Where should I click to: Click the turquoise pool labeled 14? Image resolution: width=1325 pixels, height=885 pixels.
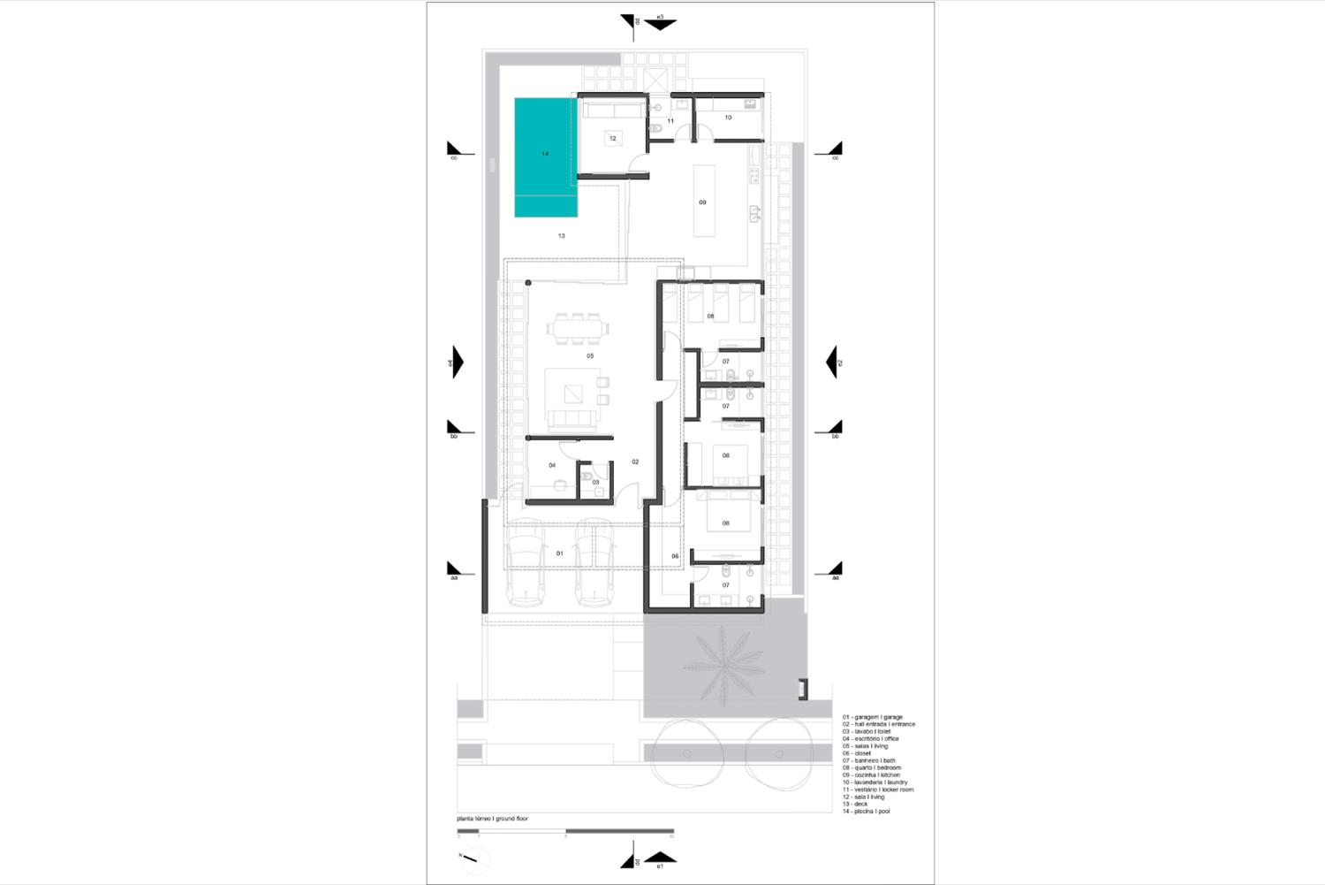[x=546, y=156]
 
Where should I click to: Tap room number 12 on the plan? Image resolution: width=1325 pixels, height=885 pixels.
[x=612, y=138]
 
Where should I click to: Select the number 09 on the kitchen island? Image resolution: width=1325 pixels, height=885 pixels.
[x=703, y=202]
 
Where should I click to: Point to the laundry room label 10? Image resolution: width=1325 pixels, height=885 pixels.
[x=728, y=117]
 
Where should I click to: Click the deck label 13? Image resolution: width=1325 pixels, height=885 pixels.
[x=561, y=236]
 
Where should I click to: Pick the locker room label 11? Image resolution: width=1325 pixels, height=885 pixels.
[x=670, y=121]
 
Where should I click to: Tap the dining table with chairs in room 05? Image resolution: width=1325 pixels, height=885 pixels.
[x=578, y=328]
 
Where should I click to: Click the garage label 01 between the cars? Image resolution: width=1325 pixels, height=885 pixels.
[x=559, y=553]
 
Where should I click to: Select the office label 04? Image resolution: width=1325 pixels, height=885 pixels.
[x=552, y=465]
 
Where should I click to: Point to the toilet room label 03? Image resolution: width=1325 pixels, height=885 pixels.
[x=595, y=483]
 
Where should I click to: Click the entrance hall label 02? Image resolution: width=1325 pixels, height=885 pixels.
[x=635, y=462]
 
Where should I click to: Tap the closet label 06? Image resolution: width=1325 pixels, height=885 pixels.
[x=675, y=556]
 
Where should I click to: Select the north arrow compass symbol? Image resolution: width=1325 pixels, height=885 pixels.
[x=474, y=858]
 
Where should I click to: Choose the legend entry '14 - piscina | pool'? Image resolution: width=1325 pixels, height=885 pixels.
[x=867, y=812]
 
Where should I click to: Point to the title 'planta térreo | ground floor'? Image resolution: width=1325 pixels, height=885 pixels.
[x=493, y=819]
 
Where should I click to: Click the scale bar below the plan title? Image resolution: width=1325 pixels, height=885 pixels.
[x=565, y=831]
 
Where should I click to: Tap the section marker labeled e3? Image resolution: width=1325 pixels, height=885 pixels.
[x=659, y=22]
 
